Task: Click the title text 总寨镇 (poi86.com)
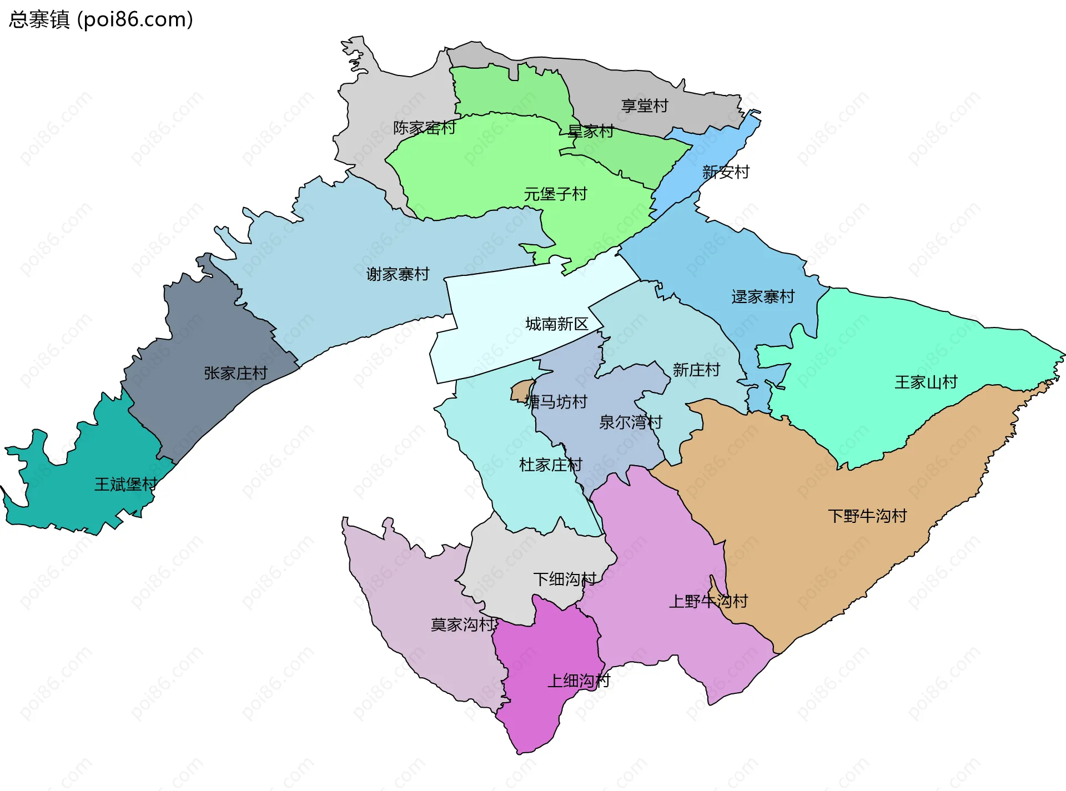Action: point(100,19)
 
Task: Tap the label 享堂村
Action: point(644,105)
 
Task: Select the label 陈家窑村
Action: point(424,128)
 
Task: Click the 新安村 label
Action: point(725,172)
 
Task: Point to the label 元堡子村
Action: point(555,194)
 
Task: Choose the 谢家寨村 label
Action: point(398,274)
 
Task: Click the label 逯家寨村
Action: point(763,297)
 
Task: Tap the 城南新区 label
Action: point(556,324)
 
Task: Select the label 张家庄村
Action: point(235,373)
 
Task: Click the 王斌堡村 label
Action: point(126,485)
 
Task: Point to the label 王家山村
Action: point(926,382)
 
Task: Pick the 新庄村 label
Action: point(696,370)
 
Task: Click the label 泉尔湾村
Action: point(630,422)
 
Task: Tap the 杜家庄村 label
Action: point(550,465)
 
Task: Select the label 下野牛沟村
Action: point(867,516)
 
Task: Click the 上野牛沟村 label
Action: point(708,601)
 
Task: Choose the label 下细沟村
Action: point(565,580)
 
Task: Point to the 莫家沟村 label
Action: point(462,625)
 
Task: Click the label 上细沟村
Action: point(579,681)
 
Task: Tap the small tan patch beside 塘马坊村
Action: point(521,391)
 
